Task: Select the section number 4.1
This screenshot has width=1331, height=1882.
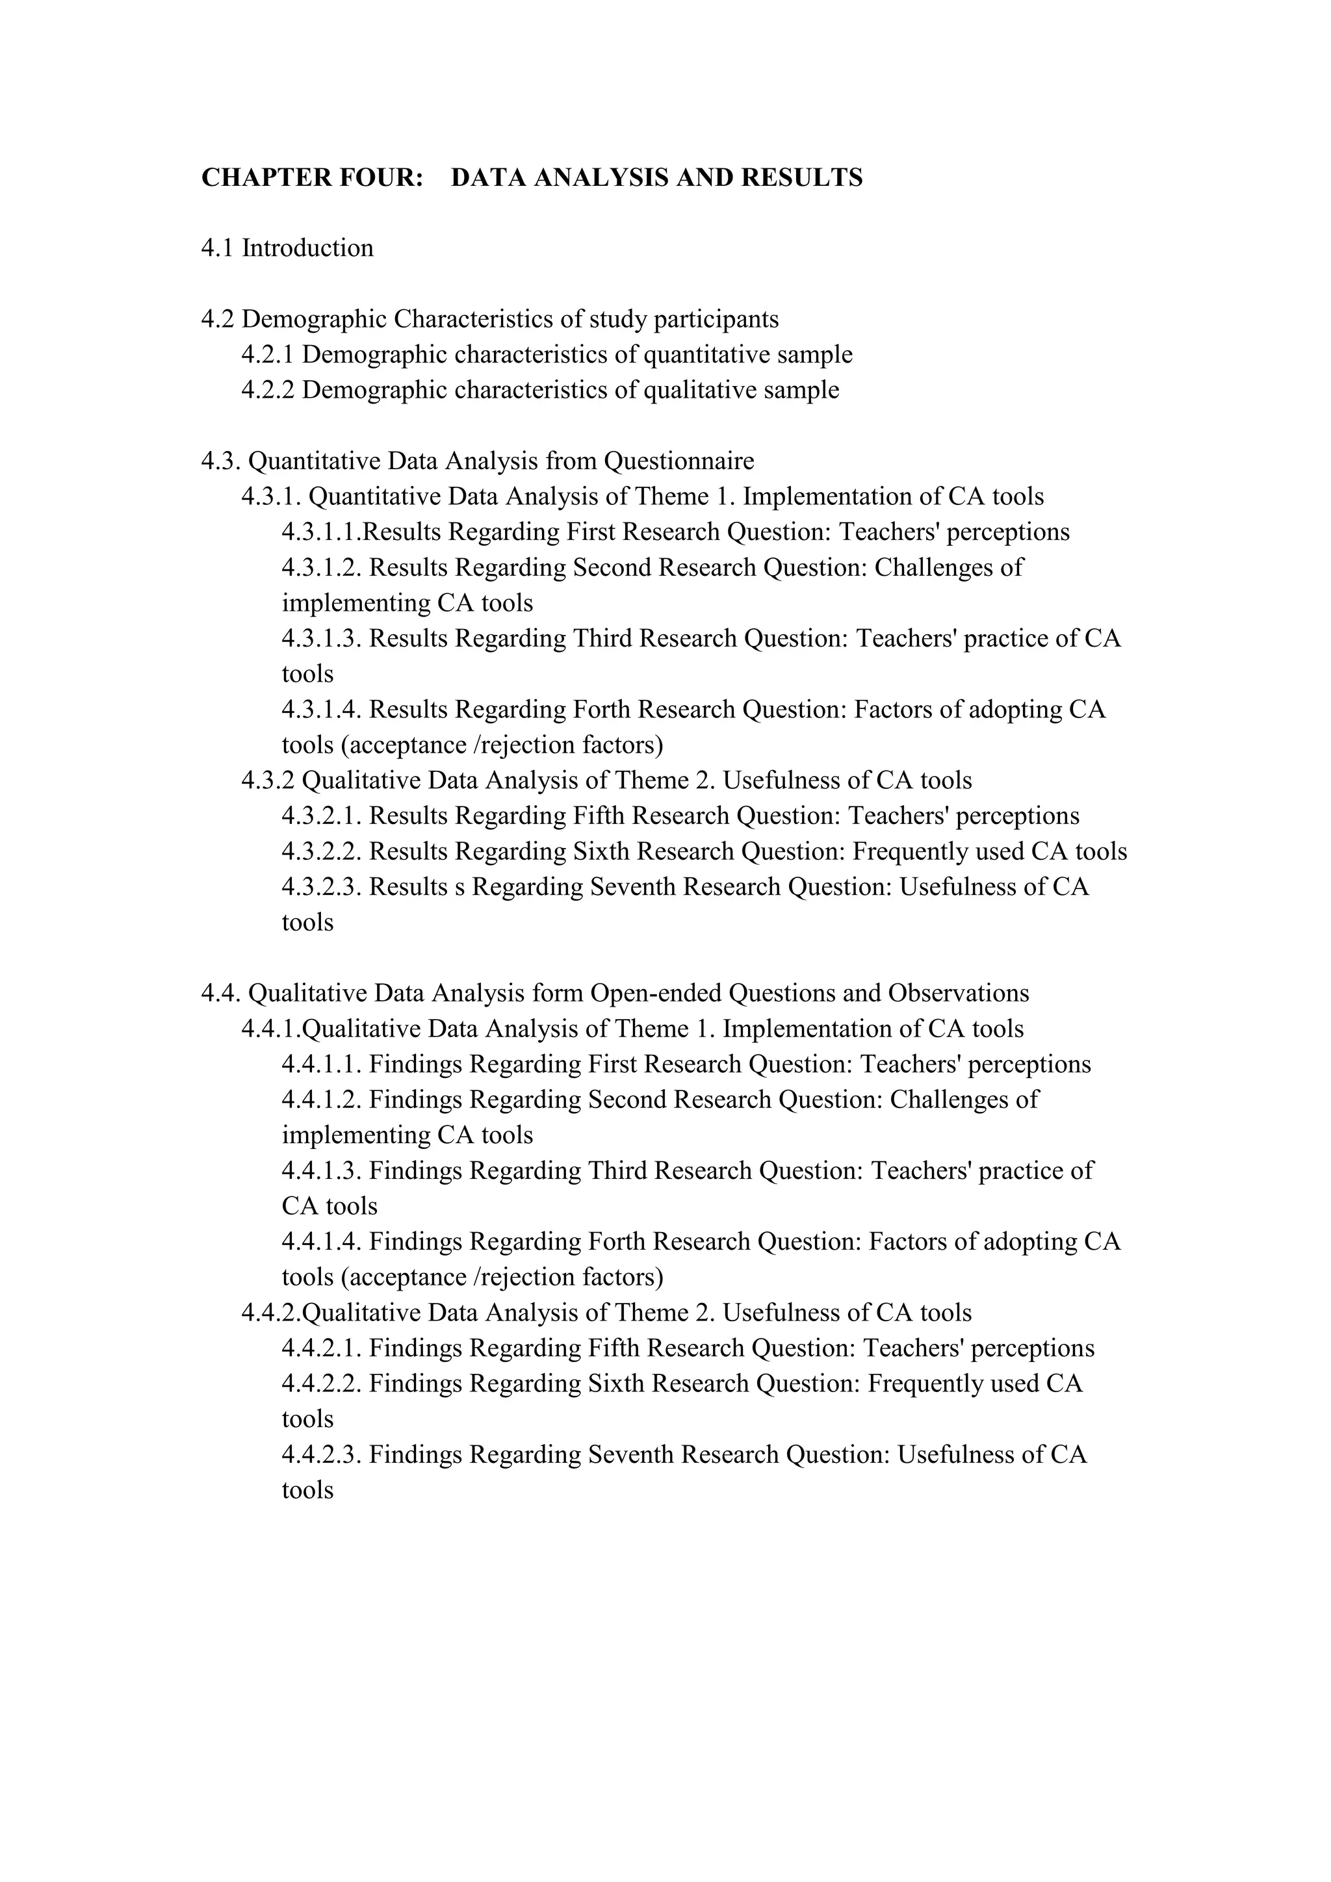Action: [218, 248]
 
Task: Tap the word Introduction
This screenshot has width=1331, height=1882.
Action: [307, 248]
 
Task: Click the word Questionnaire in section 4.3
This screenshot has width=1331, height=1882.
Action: [678, 461]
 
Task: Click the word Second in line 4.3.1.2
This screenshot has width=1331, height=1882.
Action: [612, 568]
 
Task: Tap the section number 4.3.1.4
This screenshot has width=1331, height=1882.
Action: [322, 710]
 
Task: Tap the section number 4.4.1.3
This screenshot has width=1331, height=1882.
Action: [322, 1171]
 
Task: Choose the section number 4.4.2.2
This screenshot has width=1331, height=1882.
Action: [322, 1384]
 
